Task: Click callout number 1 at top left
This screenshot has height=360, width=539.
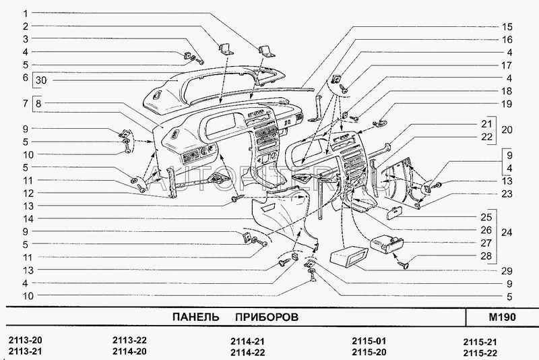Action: [x=25, y=13]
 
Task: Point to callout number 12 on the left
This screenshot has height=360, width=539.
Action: [x=25, y=193]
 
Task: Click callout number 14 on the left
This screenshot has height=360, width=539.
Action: [x=25, y=218]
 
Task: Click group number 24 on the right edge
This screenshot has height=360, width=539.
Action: [x=507, y=233]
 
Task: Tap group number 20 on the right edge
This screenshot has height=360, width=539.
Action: [x=507, y=130]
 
